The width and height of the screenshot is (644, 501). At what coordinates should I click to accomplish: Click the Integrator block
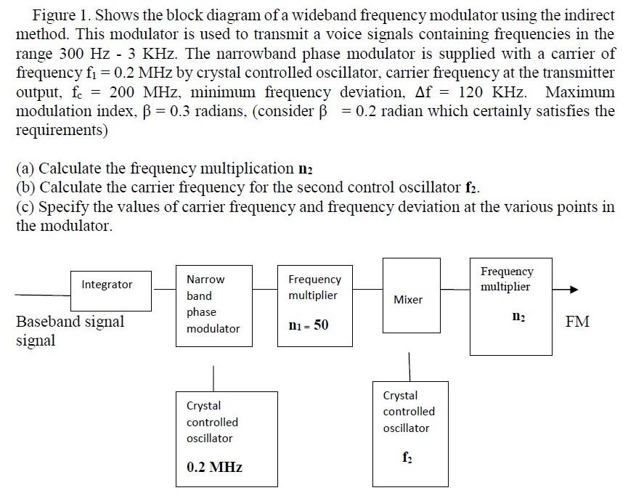pyautogui.click(x=107, y=284)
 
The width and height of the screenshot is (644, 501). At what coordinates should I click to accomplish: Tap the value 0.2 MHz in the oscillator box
pyautogui.click(x=214, y=467)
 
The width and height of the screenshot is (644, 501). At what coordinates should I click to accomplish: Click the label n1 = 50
pyautogui.click(x=309, y=325)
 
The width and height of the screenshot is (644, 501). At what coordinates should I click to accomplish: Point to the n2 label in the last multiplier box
pyautogui.click(x=517, y=316)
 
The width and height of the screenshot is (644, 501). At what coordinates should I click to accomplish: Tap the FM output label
pyautogui.click(x=577, y=321)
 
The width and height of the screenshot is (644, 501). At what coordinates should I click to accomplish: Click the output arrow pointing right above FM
pyautogui.click(x=566, y=290)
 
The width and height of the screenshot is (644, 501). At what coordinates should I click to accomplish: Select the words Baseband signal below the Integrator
pyautogui.click(x=70, y=321)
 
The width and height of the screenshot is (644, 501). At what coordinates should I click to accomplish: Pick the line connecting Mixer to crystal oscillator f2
pyautogui.click(x=409, y=366)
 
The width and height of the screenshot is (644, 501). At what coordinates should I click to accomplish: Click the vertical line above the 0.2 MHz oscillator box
pyautogui.click(x=213, y=378)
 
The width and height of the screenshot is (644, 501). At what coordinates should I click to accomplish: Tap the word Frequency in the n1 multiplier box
pyautogui.click(x=314, y=279)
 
